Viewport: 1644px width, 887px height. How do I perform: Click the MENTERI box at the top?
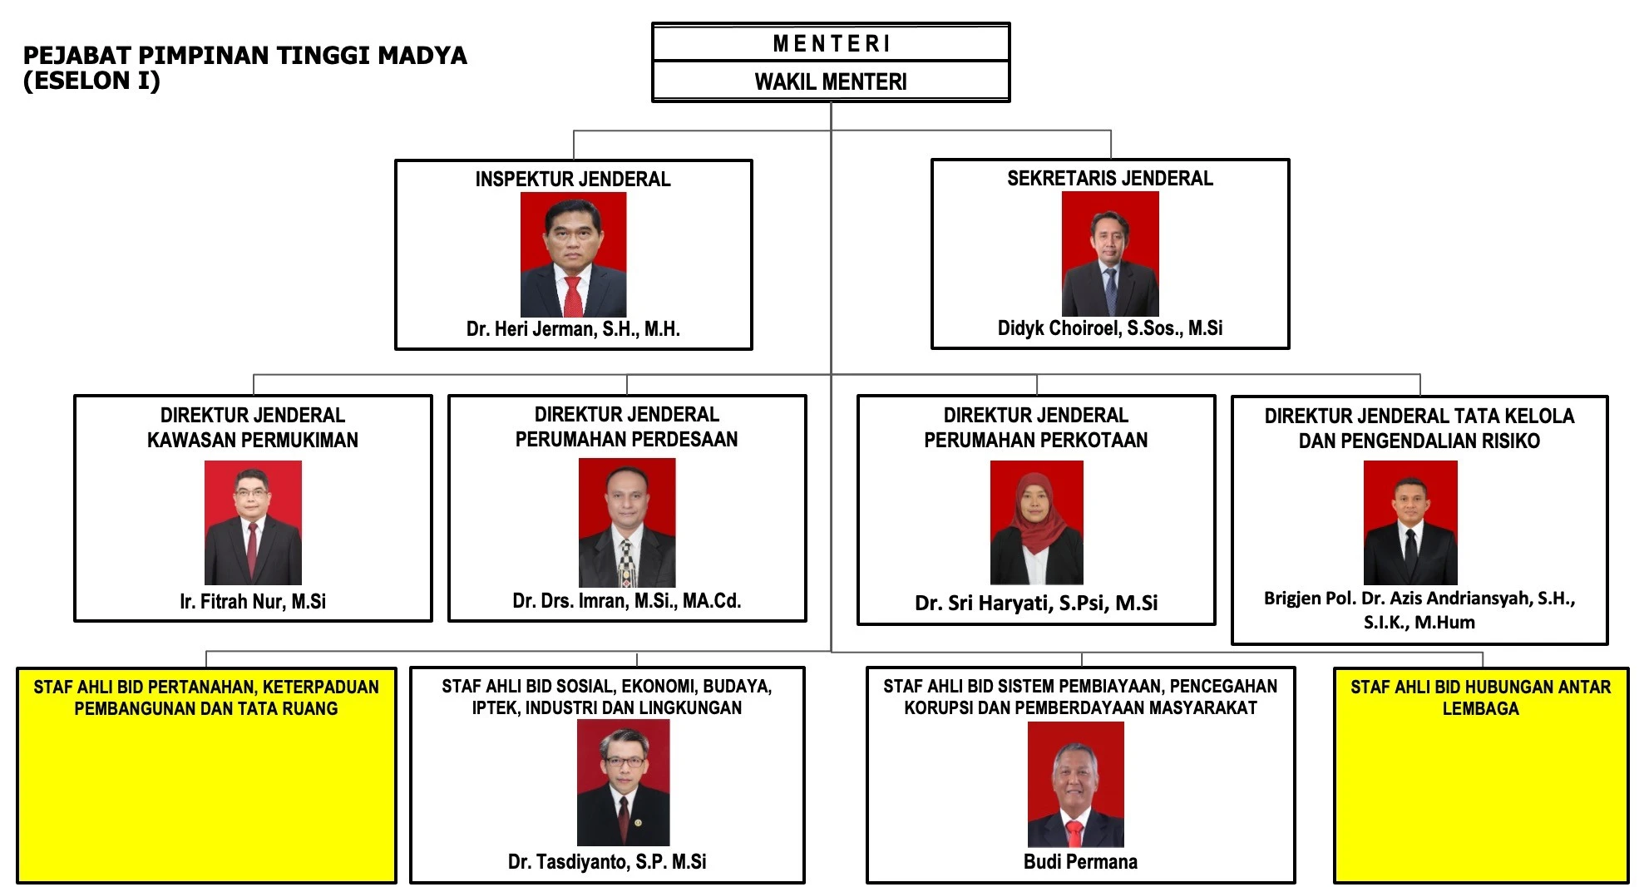click(x=831, y=42)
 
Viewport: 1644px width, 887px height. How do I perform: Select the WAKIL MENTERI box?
click(x=831, y=81)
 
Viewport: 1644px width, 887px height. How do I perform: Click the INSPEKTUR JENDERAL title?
click(x=573, y=179)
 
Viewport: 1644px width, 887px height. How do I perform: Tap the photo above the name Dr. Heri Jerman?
click(x=573, y=254)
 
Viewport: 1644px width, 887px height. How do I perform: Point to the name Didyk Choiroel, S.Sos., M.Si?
click(x=1110, y=328)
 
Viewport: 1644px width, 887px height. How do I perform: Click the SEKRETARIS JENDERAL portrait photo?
click(x=1110, y=254)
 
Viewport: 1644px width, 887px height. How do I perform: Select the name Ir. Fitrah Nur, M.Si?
click(x=253, y=601)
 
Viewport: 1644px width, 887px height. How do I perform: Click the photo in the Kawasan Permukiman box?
click(x=253, y=522)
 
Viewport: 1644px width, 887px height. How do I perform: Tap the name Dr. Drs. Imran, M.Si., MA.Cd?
click(x=627, y=600)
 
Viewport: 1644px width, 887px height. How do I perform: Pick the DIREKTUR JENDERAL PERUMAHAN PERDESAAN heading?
click(x=627, y=426)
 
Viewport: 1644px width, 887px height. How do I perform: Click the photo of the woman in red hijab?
click(x=1036, y=522)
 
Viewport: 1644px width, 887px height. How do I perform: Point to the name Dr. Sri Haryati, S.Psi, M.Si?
click(x=1036, y=603)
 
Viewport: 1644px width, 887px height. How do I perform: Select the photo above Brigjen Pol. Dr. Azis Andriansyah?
click(x=1410, y=522)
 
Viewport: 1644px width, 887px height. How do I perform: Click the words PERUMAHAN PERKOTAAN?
click(x=1036, y=440)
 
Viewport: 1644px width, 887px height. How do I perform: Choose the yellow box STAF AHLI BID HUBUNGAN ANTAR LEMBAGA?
click(x=1481, y=775)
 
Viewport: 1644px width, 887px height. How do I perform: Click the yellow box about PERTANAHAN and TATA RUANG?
click(x=206, y=775)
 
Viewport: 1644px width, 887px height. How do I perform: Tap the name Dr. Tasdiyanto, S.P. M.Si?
click(x=607, y=862)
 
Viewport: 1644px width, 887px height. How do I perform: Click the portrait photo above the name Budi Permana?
click(x=1076, y=784)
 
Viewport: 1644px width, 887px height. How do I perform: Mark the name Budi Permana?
click(x=1080, y=862)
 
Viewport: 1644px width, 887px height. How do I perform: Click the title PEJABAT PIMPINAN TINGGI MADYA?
click(x=245, y=56)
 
